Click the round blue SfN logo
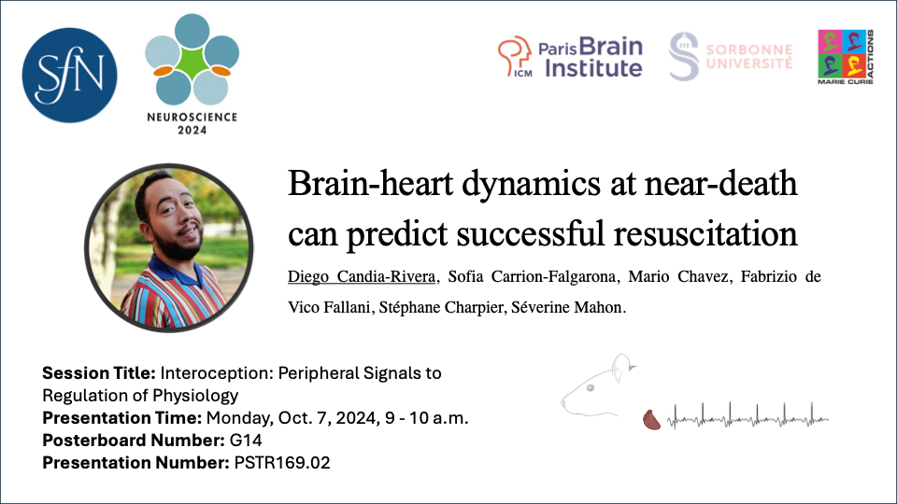tap(70, 76)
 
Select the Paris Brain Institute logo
tap(570, 57)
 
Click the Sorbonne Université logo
tap(731, 56)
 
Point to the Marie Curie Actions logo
tap(846, 57)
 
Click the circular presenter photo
tap(169, 248)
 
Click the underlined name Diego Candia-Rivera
tap(362, 276)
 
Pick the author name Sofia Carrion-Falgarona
tap(532, 276)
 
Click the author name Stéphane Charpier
tap(441, 307)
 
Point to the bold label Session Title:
tap(99, 373)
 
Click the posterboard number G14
tap(246, 440)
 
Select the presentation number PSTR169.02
tap(282, 462)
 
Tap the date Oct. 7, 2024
tap(328, 418)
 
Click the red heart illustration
tap(651, 420)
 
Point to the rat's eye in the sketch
tap(590, 388)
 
